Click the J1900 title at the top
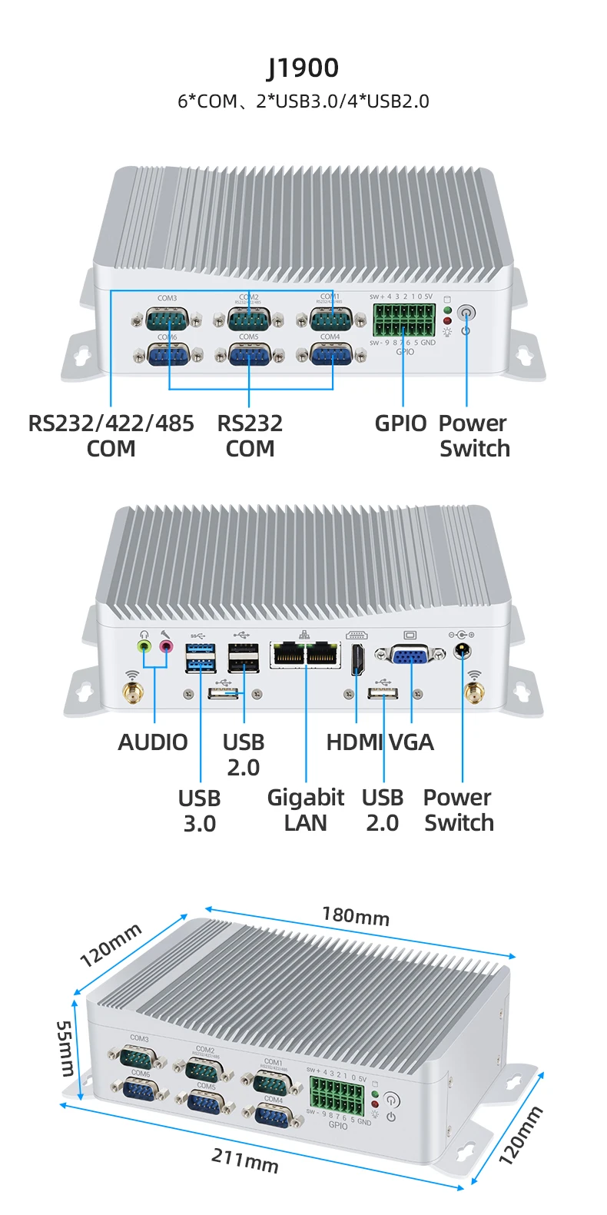point(303,68)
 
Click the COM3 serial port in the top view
point(167,318)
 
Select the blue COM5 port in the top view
point(249,355)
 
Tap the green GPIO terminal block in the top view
point(404,320)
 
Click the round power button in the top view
point(466,314)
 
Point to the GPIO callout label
point(400,423)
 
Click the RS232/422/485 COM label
point(111,436)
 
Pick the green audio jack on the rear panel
point(144,646)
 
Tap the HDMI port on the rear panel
point(357,659)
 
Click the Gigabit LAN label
point(305,810)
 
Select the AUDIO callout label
point(153,742)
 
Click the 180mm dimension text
point(356,916)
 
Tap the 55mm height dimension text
point(66,1048)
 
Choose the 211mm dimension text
point(244,1160)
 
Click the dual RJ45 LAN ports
point(305,655)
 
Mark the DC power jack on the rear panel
point(462,651)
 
